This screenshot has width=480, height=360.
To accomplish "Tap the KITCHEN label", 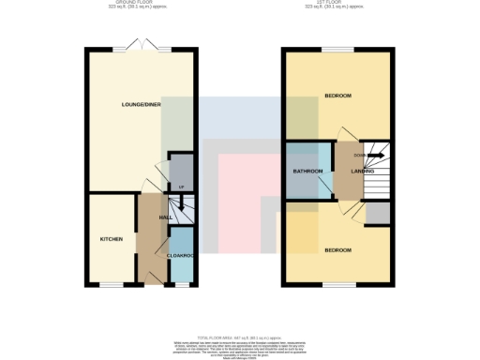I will (112, 239).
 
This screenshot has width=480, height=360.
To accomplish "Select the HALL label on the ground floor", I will (164, 217).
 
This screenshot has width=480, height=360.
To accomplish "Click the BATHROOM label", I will (308, 172).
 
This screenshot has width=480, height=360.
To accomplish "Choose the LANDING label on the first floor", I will (363, 172).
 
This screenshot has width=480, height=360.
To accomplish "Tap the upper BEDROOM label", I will (337, 97).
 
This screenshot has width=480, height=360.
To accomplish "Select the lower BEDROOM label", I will (337, 250).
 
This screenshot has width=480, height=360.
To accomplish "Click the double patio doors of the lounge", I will (140, 47).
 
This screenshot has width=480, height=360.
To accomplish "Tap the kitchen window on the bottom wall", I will (112, 284).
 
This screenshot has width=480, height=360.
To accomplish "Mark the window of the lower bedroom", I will (337, 284).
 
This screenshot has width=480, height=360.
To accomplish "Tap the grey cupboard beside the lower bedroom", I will (378, 214).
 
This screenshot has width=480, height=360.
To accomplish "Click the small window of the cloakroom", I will (181, 284).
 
